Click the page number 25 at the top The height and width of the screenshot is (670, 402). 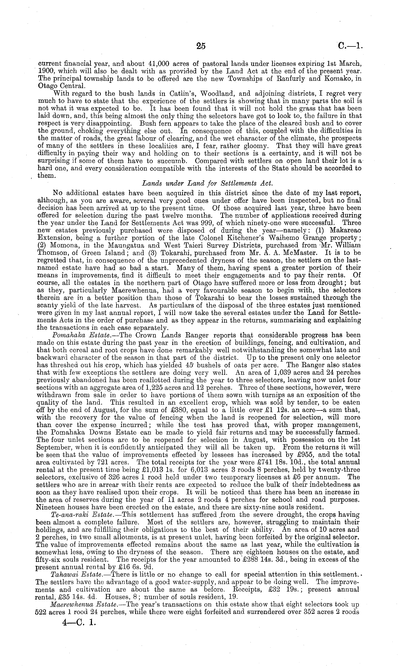coord(201,46)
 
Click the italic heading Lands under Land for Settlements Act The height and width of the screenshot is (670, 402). coord(207,183)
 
